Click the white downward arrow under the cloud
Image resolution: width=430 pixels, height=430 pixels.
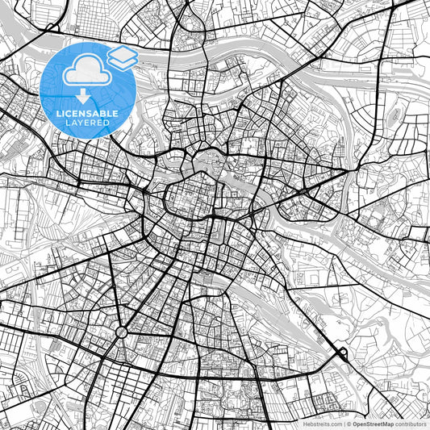(83, 96)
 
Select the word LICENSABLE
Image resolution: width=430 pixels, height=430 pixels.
(87, 114)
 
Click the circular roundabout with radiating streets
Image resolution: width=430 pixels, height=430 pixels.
(122, 332)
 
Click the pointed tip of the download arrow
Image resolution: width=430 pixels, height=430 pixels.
(83, 101)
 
